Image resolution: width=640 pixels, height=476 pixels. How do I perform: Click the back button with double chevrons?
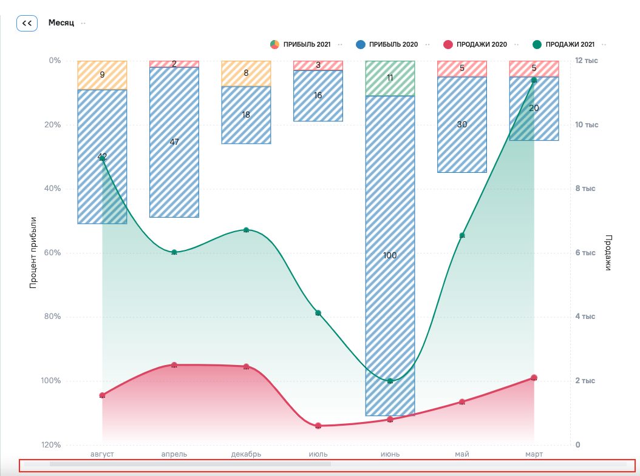click(27, 23)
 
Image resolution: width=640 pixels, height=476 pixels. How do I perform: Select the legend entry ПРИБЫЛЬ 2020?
click(389, 44)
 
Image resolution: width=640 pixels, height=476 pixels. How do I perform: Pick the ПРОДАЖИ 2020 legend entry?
click(477, 44)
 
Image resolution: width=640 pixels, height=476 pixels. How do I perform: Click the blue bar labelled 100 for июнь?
click(390, 255)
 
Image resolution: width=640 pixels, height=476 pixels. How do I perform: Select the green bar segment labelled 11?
click(390, 78)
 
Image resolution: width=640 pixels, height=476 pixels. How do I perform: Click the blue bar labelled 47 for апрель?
click(174, 142)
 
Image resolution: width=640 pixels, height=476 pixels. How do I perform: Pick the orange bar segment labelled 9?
click(102, 75)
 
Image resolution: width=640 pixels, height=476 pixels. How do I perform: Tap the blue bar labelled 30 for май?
click(462, 124)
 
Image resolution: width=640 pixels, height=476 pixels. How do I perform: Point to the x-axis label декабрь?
click(246, 454)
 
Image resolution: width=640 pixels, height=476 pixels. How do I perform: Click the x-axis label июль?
click(318, 454)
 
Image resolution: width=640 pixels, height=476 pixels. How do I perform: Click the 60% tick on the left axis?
click(53, 253)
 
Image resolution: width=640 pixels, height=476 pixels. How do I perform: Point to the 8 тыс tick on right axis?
click(586, 189)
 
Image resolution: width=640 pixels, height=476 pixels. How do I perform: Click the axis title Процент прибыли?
click(33, 252)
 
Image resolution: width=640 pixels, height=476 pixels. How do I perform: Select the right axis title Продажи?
click(608, 252)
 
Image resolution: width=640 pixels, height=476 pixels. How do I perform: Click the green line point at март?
click(534, 80)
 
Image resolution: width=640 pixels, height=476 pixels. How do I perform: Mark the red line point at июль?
click(318, 426)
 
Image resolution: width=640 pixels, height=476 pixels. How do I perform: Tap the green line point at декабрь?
click(246, 230)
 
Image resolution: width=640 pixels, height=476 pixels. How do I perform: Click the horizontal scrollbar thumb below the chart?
click(190, 464)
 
